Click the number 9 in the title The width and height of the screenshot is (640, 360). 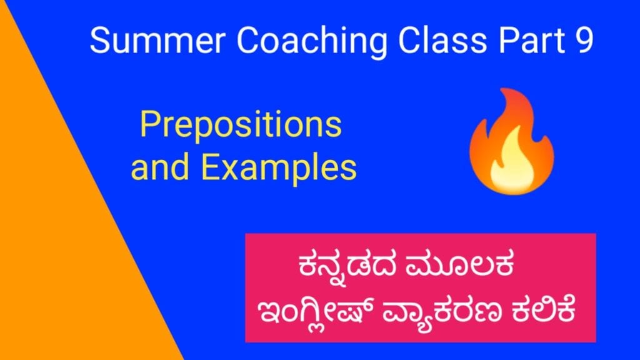point(582,42)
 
